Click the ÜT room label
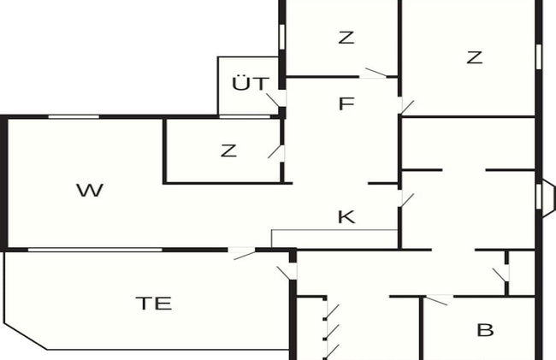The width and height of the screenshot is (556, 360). (251, 83)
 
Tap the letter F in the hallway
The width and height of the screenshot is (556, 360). (346, 103)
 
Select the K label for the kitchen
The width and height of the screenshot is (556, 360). (346, 216)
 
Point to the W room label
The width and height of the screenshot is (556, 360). (90, 191)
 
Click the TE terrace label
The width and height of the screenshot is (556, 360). (154, 304)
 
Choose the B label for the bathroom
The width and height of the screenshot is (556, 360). (485, 330)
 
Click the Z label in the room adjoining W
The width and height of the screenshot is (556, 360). (228, 150)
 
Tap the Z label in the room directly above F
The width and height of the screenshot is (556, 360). (346, 38)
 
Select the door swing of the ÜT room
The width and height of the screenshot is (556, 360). (274, 100)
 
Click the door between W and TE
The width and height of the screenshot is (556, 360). (241, 253)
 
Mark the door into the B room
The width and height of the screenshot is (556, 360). (439, 300)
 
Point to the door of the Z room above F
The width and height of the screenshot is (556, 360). (376, 73)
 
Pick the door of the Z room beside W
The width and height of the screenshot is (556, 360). (276, 151)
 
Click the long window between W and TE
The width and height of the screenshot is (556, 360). (95, 250)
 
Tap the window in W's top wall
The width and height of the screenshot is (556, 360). (74, 116)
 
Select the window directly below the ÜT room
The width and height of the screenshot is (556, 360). (245, 116)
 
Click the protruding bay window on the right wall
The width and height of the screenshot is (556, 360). (546, 197)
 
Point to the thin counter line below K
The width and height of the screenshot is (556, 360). (334, 230)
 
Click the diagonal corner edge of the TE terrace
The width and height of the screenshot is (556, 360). (26, 336)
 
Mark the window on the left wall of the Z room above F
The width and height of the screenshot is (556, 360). (282, 37)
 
